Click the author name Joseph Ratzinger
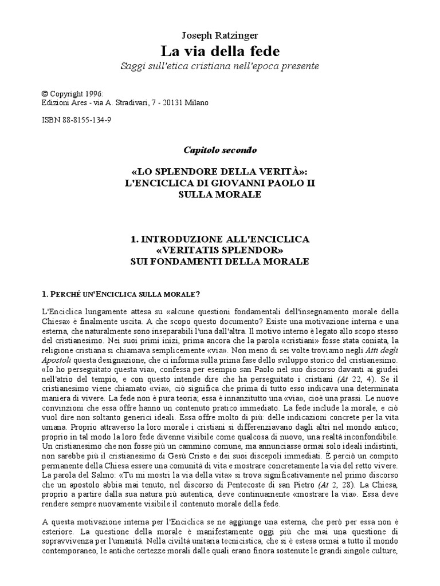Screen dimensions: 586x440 click(x=220, y=35)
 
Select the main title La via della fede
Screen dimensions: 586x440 click(x=220, y=51)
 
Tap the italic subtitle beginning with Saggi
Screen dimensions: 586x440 click(x=220, y=66)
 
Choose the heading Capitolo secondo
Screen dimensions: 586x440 click(x=220, y=151)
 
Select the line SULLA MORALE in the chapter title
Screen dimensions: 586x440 click(x=220, y=195)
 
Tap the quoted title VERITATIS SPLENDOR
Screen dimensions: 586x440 click(x=220, y=250)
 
